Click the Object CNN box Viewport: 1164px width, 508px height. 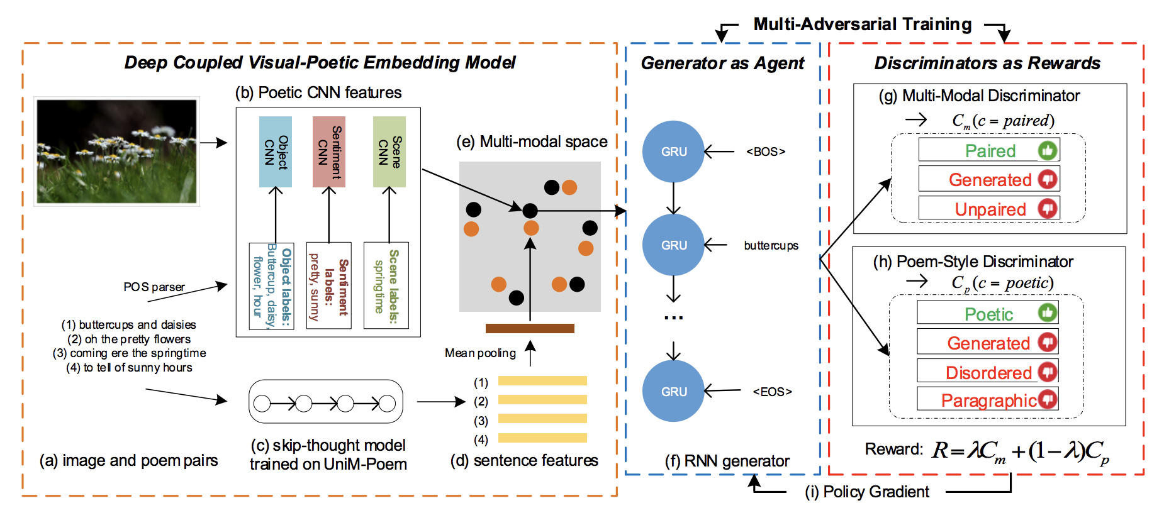[276, 152]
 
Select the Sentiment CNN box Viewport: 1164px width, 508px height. [329, 152]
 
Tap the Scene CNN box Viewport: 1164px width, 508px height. [389, 152]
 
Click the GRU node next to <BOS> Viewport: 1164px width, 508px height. [673, 152]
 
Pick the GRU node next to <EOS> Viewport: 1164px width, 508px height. [673, 391]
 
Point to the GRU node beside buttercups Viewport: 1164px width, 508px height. [673, 245]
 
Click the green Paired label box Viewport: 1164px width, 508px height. [989, 150]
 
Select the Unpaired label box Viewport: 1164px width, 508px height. [989, 208]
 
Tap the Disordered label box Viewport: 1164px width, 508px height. [988, 371]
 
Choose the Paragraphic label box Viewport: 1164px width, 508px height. [988, 399]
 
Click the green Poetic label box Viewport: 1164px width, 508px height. [988, 312]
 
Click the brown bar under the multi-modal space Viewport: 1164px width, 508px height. [530, 328]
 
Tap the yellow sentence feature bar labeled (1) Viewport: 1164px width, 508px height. [542, 380]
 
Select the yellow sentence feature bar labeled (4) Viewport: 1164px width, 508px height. [542, 438]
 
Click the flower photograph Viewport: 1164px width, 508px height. [116, 152]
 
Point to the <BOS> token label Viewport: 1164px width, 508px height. [766, 152]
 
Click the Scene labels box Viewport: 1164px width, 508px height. [386, 285]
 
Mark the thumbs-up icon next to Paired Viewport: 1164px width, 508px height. [1048, 150]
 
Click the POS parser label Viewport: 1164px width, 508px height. [154, 287]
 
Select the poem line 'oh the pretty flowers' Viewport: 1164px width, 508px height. [130, 339]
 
